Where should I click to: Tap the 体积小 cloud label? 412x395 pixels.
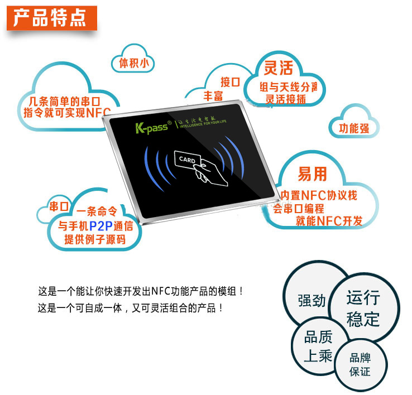point(133,63)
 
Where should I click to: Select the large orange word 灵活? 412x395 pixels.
point(278,68)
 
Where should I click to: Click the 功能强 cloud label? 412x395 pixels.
point(353,128)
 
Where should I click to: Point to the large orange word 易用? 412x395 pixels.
point(312,174)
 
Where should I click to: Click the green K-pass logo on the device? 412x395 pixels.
point(150,128)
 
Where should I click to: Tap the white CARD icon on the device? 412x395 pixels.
point(186,160)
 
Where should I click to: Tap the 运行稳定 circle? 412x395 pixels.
point(363,308)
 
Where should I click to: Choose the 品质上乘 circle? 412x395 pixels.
point(318,346)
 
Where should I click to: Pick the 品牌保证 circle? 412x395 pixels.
point(360,364)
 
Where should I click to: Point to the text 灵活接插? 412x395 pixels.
point(285,99)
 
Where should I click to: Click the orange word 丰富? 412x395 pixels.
point(213,96)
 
